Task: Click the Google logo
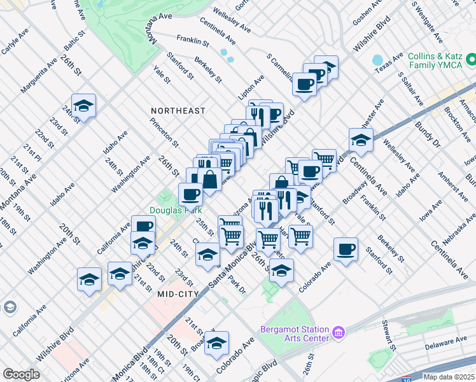(x=21, y=374)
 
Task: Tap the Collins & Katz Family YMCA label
(x=434, y=61)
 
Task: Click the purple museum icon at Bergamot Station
(x=339, y=332)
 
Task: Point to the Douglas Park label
(x=176, y=210)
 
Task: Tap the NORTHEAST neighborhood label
(x=178, y=111)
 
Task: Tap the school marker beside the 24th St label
(x=83, y=106)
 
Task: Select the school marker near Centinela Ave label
(x=361, y=141)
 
